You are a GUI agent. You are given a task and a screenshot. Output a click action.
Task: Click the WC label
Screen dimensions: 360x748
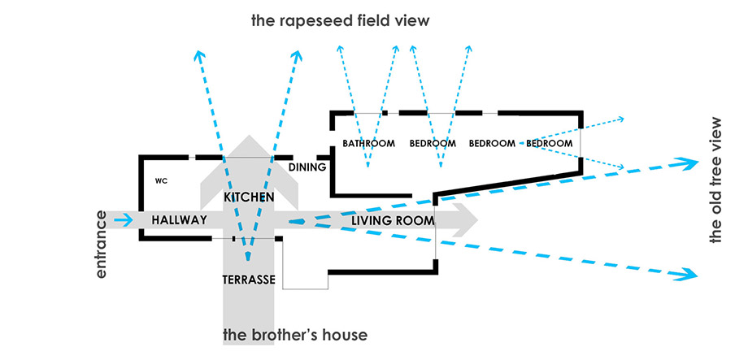pyautogui.click(x=161, y=180)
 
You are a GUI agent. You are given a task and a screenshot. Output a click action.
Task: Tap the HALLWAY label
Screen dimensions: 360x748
pyautogui.click(x=174, y=219)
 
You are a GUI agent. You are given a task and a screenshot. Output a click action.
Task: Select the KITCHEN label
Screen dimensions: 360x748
pyautogui.click(x=248, y=197)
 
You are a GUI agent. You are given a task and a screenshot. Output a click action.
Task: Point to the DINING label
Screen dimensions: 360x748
pyautogui.click(x=307, y=167)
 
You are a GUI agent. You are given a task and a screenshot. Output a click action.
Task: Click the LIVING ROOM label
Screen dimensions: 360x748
pyautogui.click(x=392, y=220)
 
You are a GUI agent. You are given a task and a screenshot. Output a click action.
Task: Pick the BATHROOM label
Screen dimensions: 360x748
pyautogui.click(x=368, y=144)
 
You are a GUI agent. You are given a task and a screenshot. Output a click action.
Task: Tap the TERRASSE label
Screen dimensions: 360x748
pyautogui.click(x=248, y=280)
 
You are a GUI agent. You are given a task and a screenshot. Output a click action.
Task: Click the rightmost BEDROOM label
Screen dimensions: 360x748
pyautogui.click(x=550, y=144)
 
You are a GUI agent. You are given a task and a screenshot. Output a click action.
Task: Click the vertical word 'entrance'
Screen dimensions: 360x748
pyautogui.click(x=102, y=245)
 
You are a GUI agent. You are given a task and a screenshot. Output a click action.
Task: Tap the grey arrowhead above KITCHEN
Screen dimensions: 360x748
pyautogui.click(x=249, y=150)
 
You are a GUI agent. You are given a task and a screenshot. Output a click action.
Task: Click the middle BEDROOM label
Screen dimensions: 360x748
pyautogui.click(x=492, y=144)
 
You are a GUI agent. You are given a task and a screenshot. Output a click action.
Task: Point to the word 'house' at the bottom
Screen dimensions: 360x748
pyautogui.click(x=347, y=335)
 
